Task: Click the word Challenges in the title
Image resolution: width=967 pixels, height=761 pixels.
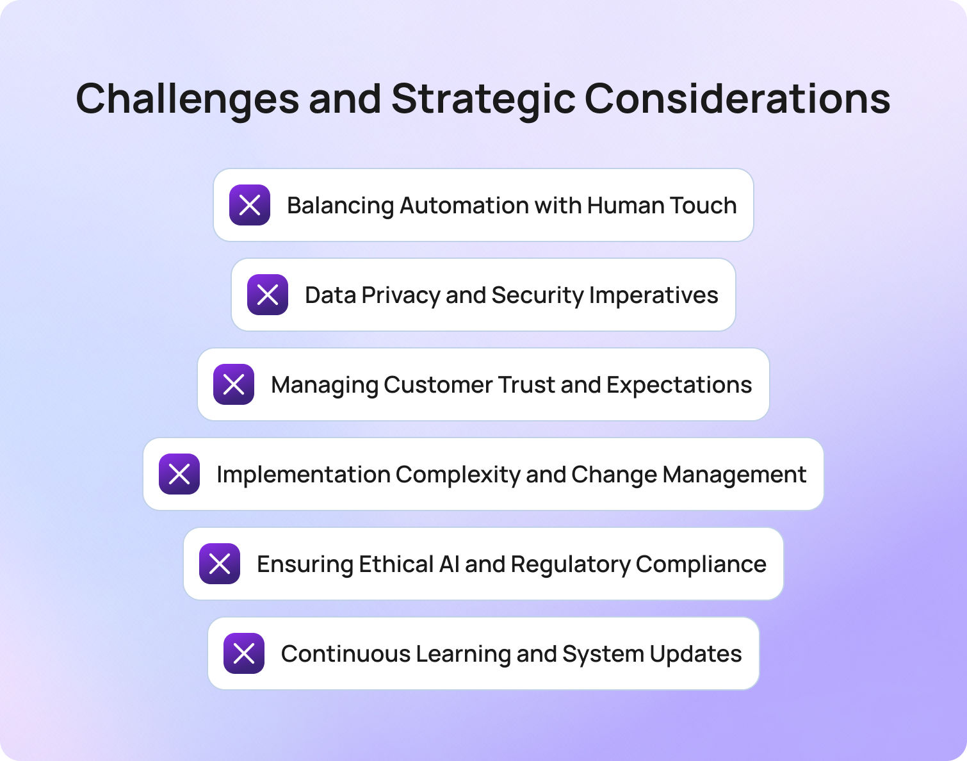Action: pyautogui.click(x=188, y=99)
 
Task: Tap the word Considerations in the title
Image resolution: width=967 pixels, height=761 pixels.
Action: pyautogui.click(x=737, y=99)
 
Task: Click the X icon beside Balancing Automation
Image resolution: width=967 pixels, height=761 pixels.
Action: pyautogui.click(x=250, y=205)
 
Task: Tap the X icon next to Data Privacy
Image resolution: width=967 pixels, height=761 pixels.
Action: pyautogui.click(x=268, y=295)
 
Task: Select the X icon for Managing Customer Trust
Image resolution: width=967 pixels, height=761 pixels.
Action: pyautogui.click(x=234, y=384)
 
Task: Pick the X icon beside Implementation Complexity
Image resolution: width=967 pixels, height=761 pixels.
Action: pyautogui.click(x=179, y=474)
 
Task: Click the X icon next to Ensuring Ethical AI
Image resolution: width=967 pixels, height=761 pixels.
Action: pyautogui.click(x=220, y=564)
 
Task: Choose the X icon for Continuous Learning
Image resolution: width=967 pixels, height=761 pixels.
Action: pyautogui.click(x=244, y=653)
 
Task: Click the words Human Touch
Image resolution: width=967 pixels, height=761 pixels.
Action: pyautogui.click(x=662, y=206)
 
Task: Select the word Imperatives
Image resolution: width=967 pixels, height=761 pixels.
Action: pyautogui.click(x=653, y=295)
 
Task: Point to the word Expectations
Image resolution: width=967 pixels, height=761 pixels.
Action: pyautogui.click(x=679, y=385)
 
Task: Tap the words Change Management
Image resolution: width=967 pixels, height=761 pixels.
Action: pyautogui.click(x=688, y=475)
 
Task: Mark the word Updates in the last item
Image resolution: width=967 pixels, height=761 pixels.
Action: pyautogui.click(x=695, y=654)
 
